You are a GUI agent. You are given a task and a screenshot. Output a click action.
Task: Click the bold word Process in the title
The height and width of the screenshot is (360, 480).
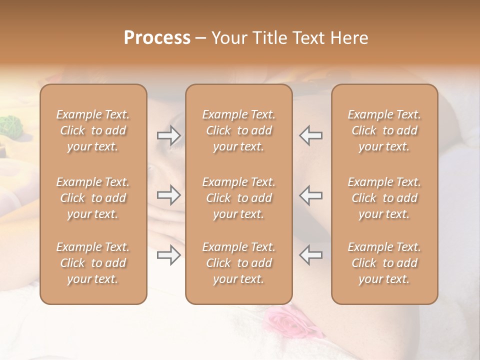pyautogui.click(x=157, y=38)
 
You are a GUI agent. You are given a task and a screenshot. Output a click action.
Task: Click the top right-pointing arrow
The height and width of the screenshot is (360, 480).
pyautogui.click(x=168, y=135)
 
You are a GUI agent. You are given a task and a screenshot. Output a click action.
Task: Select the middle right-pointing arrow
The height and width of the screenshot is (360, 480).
pyautogui.click(x=168, y=195)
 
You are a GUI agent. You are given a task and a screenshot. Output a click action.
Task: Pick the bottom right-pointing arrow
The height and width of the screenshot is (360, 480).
pyautogui.click(x=168, y=255)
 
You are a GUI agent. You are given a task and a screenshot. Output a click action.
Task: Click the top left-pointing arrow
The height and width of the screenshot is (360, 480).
pyautogui.click(x=311, y=135)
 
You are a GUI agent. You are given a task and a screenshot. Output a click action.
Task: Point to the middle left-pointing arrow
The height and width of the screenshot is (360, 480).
pyautogui.click(x=311, y=195)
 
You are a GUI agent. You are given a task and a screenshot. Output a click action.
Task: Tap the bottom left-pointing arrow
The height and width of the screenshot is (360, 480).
pyautogui.click(x=311, y=255)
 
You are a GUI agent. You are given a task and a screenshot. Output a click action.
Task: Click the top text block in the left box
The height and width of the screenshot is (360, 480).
pyautogui.click(x=93, y=130)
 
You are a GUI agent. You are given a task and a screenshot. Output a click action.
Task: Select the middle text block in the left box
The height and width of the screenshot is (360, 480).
pyautogui.click(x=93, y=198)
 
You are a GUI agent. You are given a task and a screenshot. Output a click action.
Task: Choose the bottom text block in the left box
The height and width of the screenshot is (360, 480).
pyautogui.click(x=93, y=263)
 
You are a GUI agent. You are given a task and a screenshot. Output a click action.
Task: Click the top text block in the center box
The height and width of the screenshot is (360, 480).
pyautogui.click(x=238, y=130)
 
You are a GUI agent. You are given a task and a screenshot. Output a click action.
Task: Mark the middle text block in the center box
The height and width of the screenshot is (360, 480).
pyautogui.click(x=238, y=198)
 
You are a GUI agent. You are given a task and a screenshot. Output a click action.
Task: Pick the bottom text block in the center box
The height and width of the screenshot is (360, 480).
pyautogui.click(x=238, y=263)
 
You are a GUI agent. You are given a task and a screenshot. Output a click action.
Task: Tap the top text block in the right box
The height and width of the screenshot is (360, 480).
pyautogui.click(x=384, y=130)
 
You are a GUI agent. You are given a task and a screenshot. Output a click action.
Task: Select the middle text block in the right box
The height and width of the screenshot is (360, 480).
pyautogui.click(x=384, y=198)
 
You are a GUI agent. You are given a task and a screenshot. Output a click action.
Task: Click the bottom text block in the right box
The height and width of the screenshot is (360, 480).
pyautogui.click(x=384, y=263)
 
